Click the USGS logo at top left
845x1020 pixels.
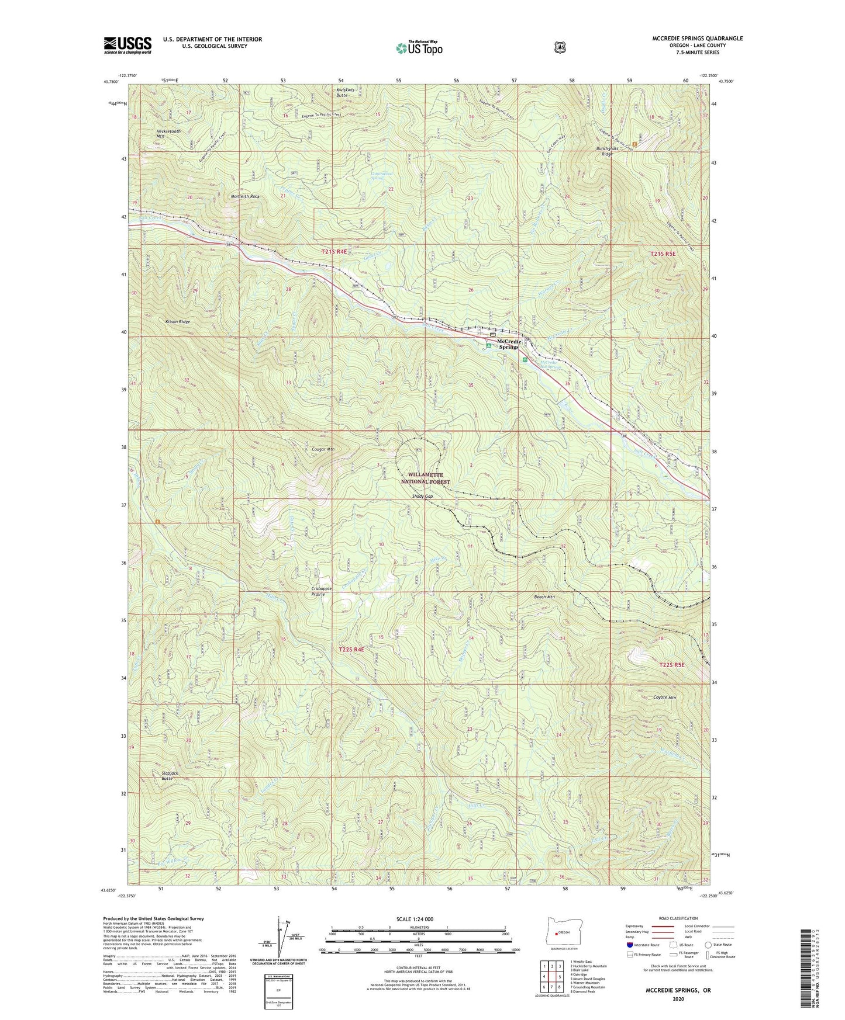[x=127, y=45]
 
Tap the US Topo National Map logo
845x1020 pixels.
[x=419, y=48]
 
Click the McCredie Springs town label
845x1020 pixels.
[x=508, y=344]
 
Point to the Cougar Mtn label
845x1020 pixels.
[x=323, y=449]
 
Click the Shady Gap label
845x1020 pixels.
[x=422, y=497]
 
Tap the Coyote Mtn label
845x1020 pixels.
[x=664, y=698]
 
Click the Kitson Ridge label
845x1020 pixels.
[x=177, y=322]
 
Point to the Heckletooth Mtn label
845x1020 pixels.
[x=168, y=134]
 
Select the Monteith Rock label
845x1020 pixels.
[x=245, y=196]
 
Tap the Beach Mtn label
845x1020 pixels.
[x=544, y=597]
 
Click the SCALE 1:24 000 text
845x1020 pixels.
[x=415, y=919]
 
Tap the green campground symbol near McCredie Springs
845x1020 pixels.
[x=489, y=345]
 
